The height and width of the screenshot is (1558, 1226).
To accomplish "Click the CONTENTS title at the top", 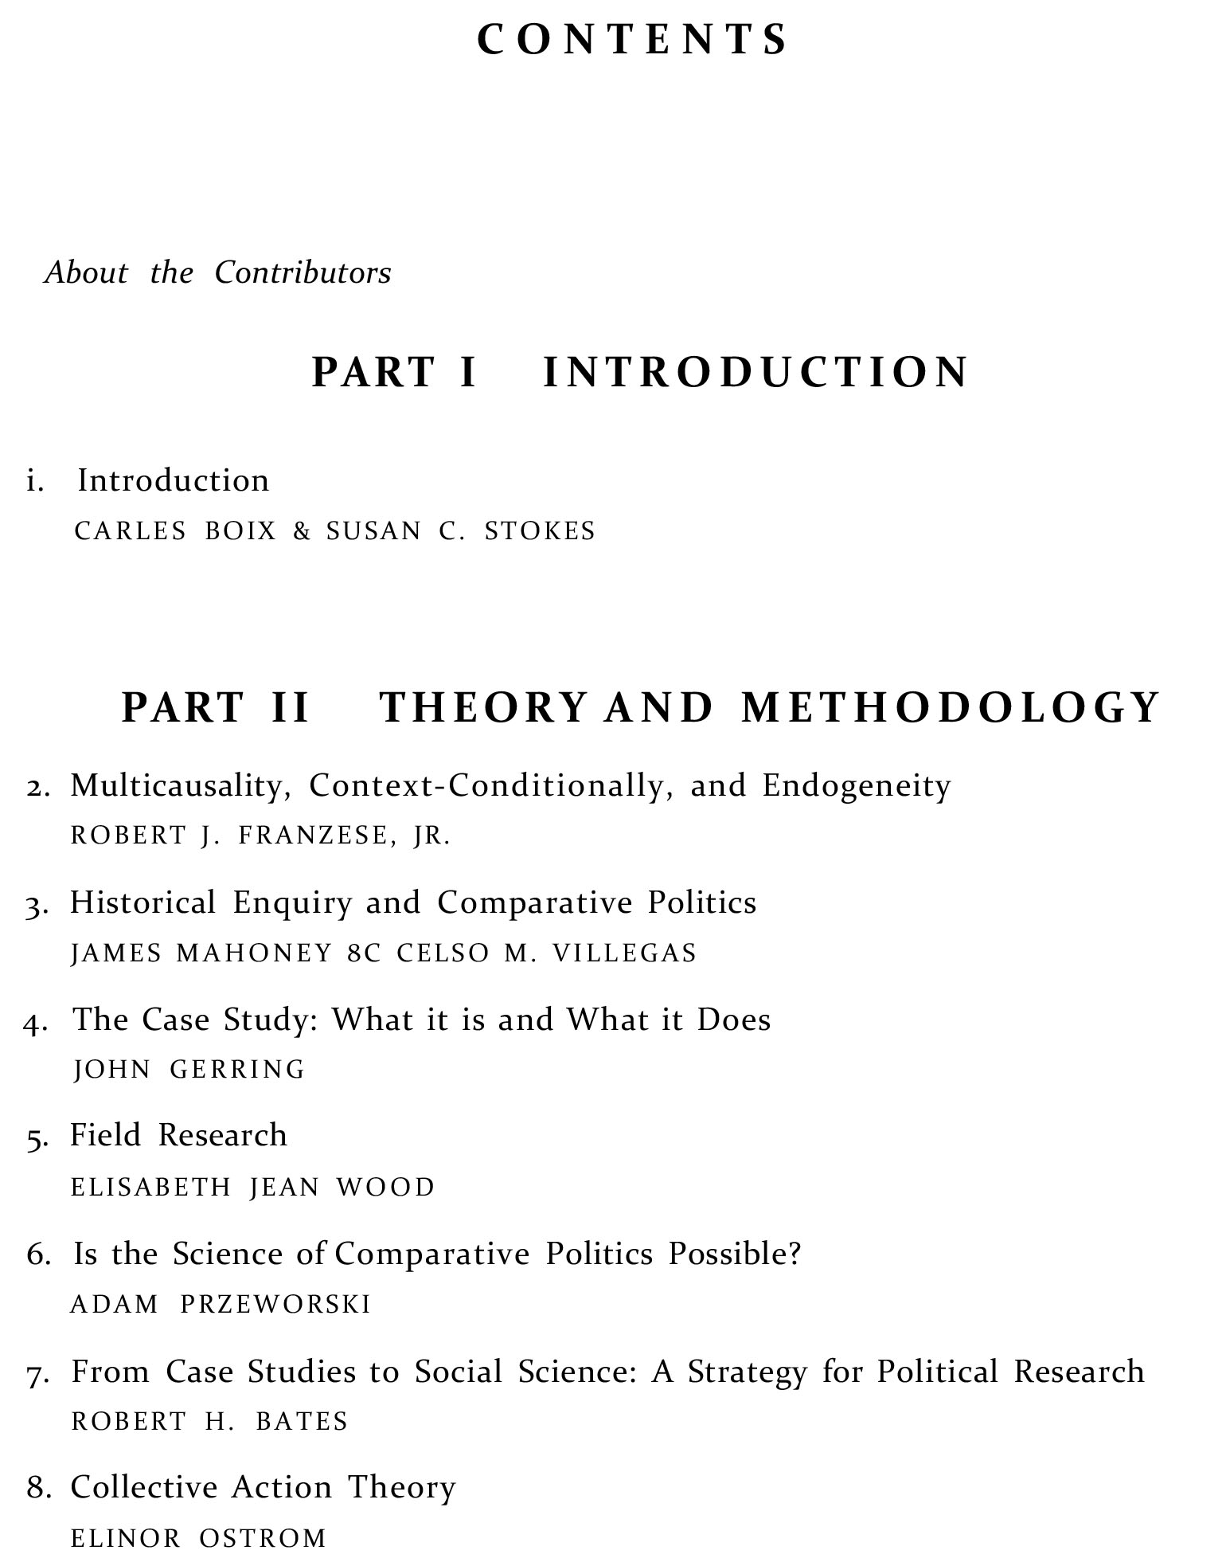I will (x=632, y=40).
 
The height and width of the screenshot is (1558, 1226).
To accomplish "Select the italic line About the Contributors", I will (x=218, y=273).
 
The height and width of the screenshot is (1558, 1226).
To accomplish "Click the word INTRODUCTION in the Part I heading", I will (x=756, y=372).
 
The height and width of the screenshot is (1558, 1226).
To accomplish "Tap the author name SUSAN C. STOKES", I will (x=460, y=531).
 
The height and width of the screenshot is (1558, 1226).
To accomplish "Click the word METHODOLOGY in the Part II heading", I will (x=950, y=707).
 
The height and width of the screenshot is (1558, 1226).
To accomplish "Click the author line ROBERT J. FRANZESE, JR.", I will (x=261, y=836).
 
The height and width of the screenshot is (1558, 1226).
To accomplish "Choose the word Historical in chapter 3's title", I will (x=143, y=902).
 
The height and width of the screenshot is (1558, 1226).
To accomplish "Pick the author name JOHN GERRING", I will (x=189, y=1069).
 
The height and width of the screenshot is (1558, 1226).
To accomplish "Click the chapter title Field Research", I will (x=178, y=1136).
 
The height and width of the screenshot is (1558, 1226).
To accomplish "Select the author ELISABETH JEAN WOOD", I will (x=253, y=1187).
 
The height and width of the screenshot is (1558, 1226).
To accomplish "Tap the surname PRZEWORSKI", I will (x=275, y=1304).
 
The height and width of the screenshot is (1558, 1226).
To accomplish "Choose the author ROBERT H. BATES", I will (x=210, y=1422).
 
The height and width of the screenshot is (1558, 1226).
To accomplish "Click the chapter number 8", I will (x=37, y=1488).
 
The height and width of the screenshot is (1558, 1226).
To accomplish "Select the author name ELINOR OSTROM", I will (x=199, y=1537).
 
